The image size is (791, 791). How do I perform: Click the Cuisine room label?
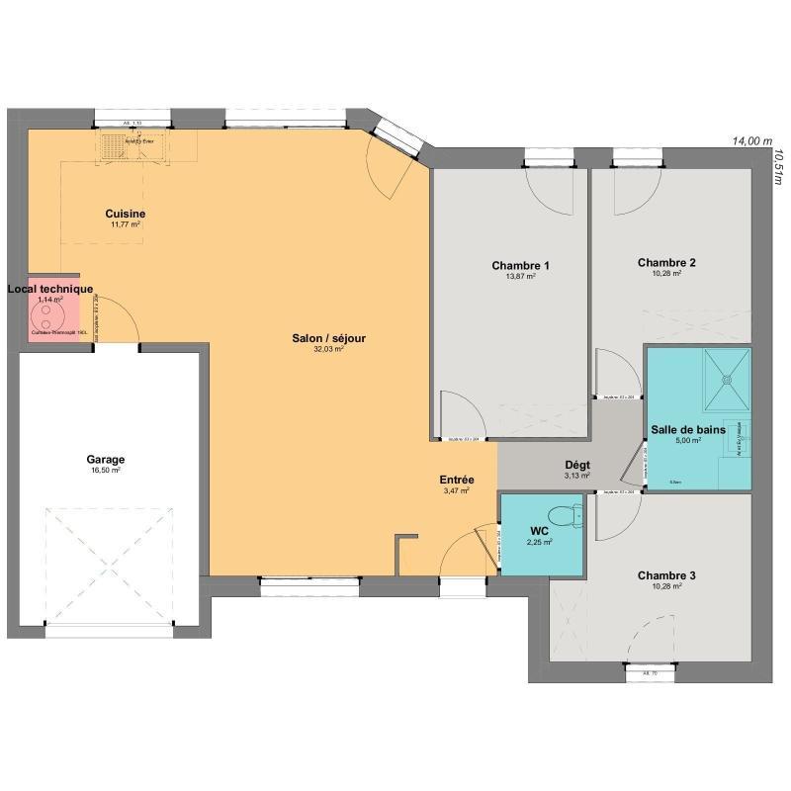pos(126,214)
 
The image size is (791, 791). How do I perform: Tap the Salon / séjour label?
pos(329,338)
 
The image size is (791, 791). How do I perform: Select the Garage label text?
pos(105,460)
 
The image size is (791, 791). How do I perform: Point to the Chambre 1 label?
pos(520,265)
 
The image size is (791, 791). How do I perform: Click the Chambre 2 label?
pos(666,263)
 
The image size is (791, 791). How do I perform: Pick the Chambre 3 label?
pos(666,575)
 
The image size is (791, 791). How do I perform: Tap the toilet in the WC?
pos(565,516)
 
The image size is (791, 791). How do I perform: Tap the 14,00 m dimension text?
pos(751,141)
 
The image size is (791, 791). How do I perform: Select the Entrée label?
pos(457,480)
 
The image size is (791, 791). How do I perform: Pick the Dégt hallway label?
pos(576,465)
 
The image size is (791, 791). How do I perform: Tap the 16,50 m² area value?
pos(105,472)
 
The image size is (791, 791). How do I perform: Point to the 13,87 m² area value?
pos(520,277)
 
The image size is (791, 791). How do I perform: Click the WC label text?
pos(539,531)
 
